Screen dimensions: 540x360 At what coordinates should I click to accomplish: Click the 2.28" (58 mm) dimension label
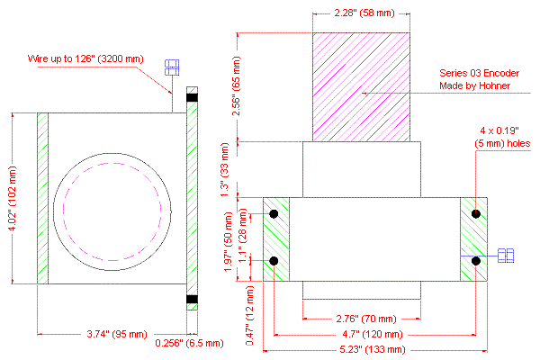(364, 13)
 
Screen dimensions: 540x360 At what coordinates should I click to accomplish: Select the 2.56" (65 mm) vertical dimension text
(237, 85)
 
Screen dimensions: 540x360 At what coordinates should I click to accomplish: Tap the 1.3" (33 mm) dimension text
(224, 169)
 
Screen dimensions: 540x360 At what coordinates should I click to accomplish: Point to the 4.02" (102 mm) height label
(13, 198)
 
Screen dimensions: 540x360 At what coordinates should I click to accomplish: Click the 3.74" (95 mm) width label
(117, 334)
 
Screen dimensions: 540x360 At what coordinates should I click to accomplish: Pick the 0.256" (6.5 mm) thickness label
(189, 343)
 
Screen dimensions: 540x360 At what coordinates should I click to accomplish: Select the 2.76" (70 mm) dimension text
(366, 319)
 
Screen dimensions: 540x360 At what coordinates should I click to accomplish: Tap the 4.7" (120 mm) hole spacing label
(373, 334)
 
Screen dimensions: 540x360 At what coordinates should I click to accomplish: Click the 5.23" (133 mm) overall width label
(373, 350)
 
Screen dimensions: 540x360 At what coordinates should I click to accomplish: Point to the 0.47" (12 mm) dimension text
(249, 316)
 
